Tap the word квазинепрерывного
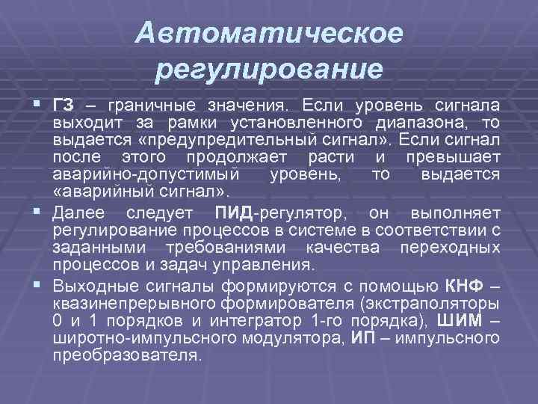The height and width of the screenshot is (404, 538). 135,304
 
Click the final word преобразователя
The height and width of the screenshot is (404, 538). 127,355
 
